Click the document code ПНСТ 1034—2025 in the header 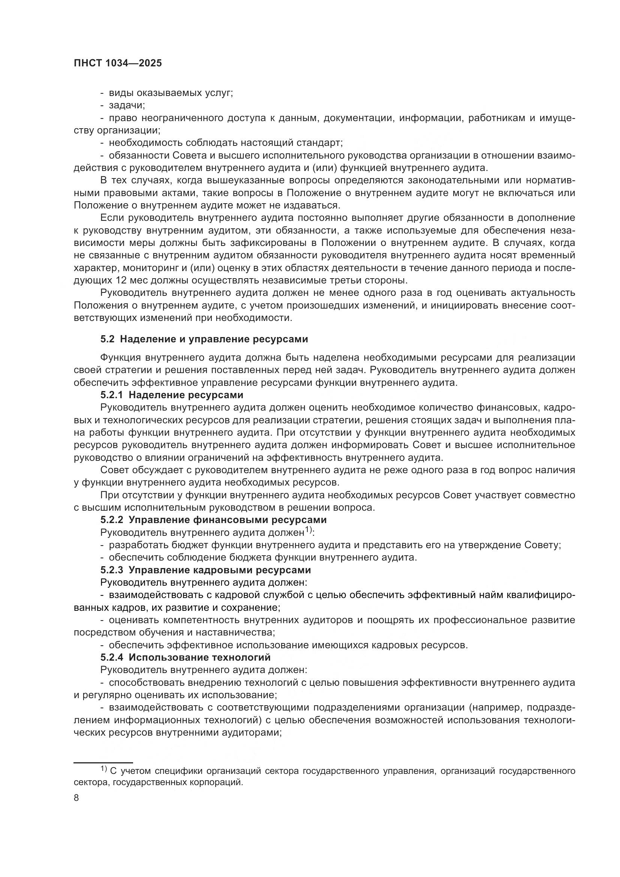tap(118, 63)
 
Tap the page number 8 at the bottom tap(76, 798)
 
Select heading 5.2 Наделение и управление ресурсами tap(204, 339)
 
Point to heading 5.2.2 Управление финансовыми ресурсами tap(213, 520)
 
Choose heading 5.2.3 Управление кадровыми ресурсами tap(206, 570)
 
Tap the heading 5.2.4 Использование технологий tap(186, 657)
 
